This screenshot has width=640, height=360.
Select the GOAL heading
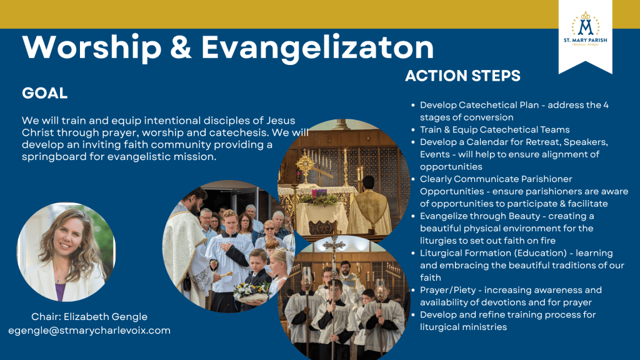coord(45,93)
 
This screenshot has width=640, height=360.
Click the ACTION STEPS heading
coord(463,76)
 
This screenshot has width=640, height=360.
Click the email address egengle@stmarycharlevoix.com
coord(89,330)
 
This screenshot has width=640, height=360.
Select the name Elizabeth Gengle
coord(105,316)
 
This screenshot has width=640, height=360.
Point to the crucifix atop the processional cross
coord(334,245)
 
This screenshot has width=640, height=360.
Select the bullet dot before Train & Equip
coord(413,130)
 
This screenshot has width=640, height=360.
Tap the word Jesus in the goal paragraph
coord(281,121)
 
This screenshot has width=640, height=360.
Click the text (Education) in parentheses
coord(541,253)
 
